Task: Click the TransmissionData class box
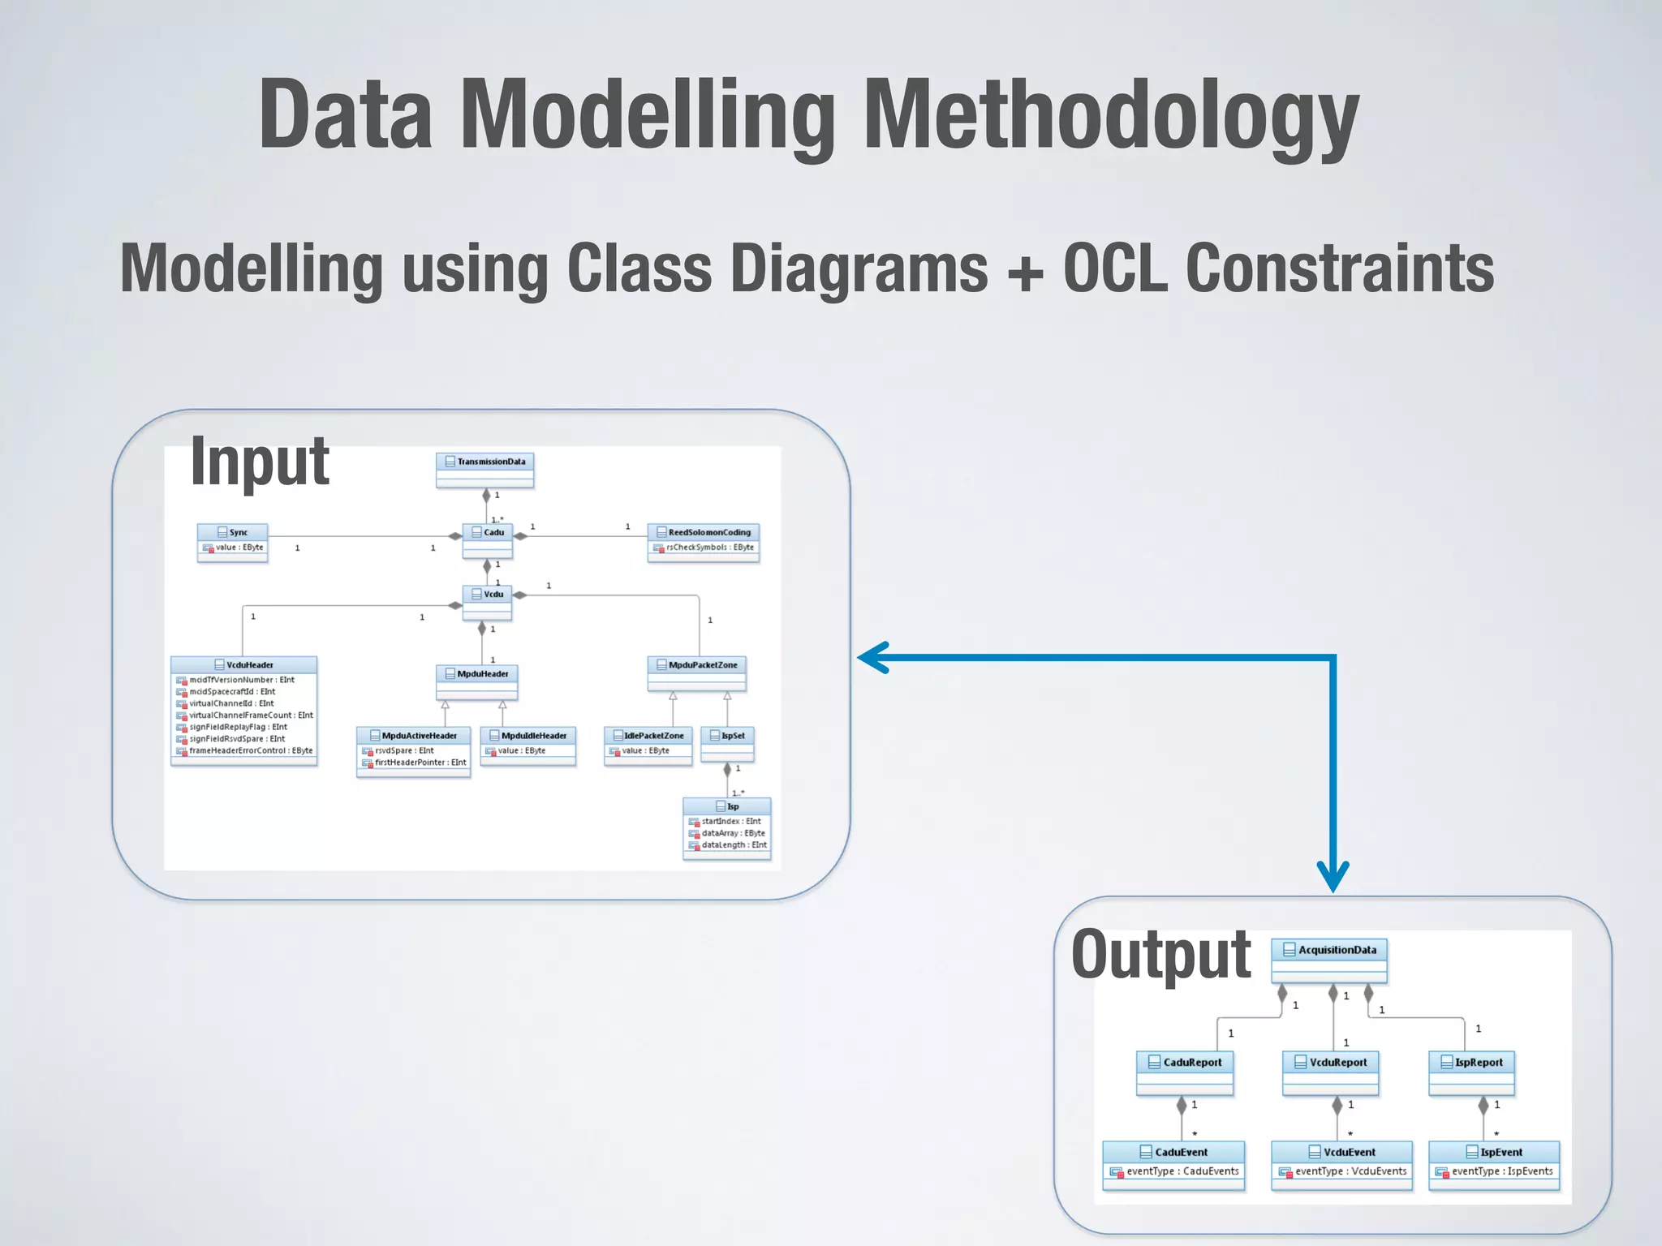pyautogui.click(x=484, y=470)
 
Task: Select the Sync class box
pyautogui.click(x=232, y=541)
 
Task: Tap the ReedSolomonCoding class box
pyautogui.click(x=704, y=541)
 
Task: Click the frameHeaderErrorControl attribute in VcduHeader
pyautogui.click(x=250, y=751)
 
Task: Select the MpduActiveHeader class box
pyautogui.click(x=413, y=751)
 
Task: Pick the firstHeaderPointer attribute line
pyautogui.click(x=420, y=763)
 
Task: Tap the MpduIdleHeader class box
pyautogui.click(x=527, y=745)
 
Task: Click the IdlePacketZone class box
pyautogui.click(x=648, y=745)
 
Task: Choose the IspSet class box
pyautogui.click(x=727, y=744)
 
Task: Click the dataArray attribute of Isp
pyautogui.click(x=733, y=833)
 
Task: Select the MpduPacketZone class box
pyautogui.click(x=696, y=673)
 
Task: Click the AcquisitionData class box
pyautogui.click(x=1329, y=960)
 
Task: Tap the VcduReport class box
pyautogui.click(x=1331, y=1072)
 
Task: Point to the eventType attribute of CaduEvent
pyautogui.click(x=1182, y=1171)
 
